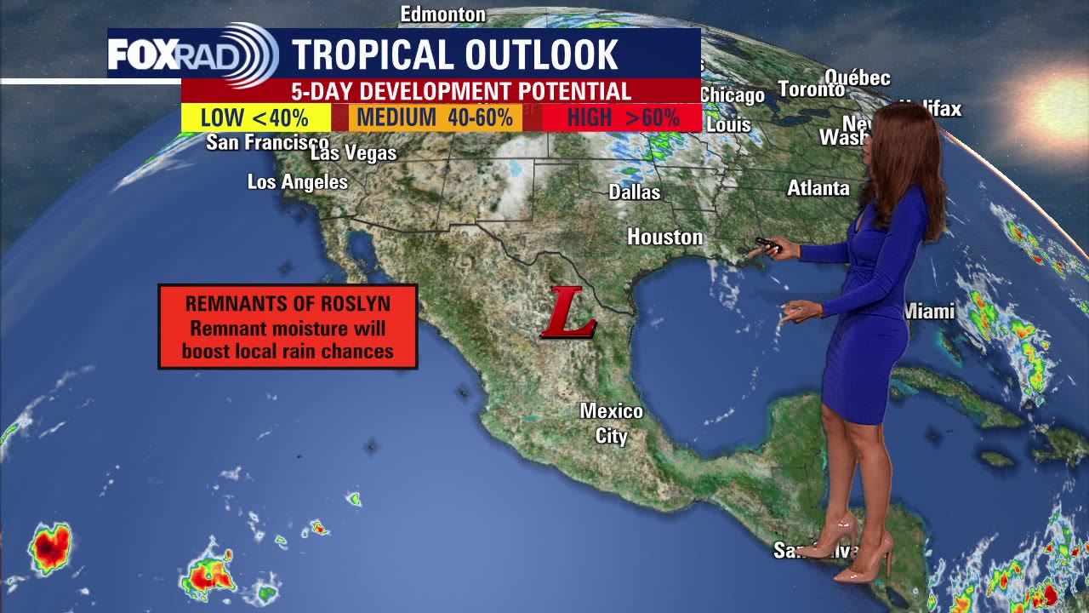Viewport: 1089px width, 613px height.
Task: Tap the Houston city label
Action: coord(665,238)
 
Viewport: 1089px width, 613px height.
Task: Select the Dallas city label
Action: coord(635,192)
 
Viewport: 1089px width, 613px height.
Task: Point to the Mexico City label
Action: coord(611,423)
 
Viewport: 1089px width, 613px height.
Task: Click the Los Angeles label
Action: coord(298,182)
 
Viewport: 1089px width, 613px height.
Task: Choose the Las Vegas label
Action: coord(354,154)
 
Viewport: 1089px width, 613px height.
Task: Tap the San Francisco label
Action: coord(267,142)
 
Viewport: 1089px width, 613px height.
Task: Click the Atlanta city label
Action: coord(818,188)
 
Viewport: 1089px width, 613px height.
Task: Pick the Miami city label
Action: coord(929,312)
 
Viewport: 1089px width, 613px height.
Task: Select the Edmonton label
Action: coord(443,14)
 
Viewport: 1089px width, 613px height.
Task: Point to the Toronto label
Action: coord(812,89)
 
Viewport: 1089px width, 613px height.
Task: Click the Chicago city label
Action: coord(733,95)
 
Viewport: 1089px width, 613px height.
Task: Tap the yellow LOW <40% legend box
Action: coord(255,117)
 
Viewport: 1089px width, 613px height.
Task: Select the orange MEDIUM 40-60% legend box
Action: coord(436,117)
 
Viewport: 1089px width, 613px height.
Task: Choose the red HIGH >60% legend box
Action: coord(623,117)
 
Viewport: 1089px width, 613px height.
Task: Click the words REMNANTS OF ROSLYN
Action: coord(288,303)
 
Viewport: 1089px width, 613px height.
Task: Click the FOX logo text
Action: coord(143,54)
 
